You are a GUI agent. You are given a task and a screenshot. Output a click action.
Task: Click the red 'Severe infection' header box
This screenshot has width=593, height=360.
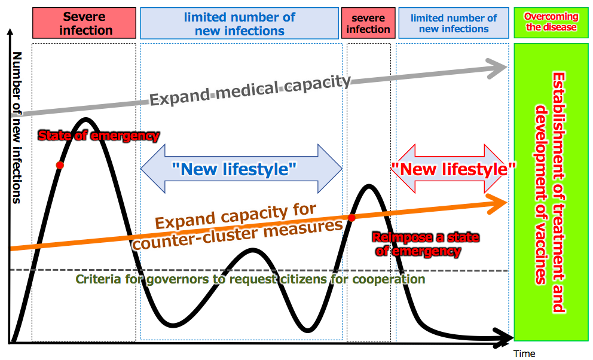pyautogui.click(x=85, y=23)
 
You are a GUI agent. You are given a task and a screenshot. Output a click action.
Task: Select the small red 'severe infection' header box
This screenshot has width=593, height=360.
pyautogui.click(x=368, y=23)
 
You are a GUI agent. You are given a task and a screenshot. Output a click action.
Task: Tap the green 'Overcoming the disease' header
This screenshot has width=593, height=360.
pyautogui.click(x=550, y=22)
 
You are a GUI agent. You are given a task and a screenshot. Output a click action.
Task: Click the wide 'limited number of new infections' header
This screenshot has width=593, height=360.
pyautogui.click(x=239, y=23)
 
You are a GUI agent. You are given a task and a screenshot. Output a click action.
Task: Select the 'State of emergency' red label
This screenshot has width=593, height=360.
pyautogui.click(x=99, y=136)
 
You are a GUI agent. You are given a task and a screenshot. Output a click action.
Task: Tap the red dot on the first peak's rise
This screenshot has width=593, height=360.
pyautogui.click(x=59, y=164)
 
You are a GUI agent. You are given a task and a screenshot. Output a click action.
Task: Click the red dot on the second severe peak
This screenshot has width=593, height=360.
pyautogui.click(x=352, y=218)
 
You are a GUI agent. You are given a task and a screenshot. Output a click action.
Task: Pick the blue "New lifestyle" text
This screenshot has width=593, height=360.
pyautogui.click(x=234, y=170)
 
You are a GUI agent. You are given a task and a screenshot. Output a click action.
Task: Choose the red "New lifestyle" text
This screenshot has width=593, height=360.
pyautogui.click(x=454, y=169)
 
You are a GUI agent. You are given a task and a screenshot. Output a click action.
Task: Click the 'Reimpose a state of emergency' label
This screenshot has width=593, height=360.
pyautogui.click(x=425, y=244)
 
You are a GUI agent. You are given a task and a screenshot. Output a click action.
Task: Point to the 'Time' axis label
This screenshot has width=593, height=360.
pyautogui.click(x=524, y=353)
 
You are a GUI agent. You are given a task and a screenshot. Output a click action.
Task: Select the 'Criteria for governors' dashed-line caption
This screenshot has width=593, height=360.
pyautogui.click(x=250, y=279)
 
